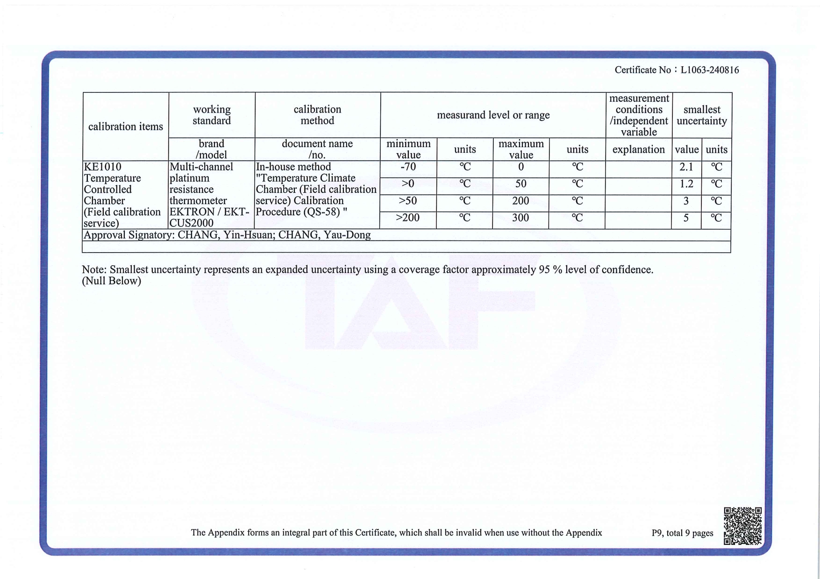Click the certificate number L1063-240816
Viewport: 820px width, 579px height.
coord(709,70)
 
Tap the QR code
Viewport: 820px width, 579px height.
coord(742,526)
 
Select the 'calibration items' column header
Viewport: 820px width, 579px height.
coord(125,127)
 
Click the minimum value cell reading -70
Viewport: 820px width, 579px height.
coord(408,167)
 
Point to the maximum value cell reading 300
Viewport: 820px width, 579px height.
coord(521,218)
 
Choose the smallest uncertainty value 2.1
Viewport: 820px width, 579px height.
coord(686,167)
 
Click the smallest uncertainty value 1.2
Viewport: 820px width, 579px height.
coord(686,184)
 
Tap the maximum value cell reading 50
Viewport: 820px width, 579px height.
coord(521,184)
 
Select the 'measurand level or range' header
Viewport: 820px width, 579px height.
coord(493,115)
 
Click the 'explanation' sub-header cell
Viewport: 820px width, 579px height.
coord(638,149)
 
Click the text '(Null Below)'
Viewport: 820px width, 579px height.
coord(111,281)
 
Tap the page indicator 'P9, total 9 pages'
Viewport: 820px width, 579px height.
coord(682,533)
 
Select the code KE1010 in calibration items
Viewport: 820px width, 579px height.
coord(102,167)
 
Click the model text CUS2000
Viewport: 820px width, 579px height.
coord(192,223)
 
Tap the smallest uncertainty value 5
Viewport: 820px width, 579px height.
coord(686,218)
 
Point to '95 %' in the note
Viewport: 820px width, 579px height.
coord(550,270)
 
